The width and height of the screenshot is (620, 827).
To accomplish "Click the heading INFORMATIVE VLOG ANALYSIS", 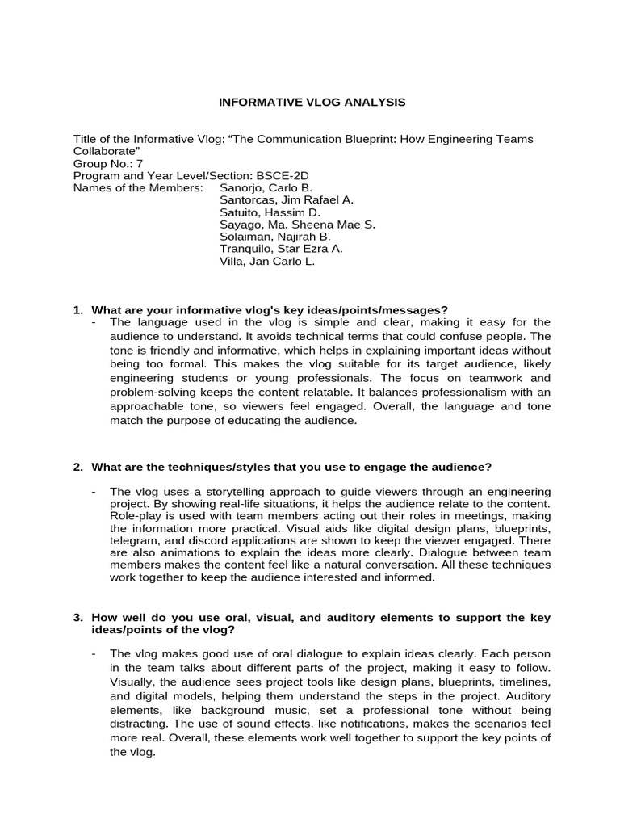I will (x=312, y=103).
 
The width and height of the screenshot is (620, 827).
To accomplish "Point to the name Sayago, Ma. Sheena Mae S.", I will (x=297, y=225).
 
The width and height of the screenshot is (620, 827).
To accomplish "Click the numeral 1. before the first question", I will (x=78, y=310).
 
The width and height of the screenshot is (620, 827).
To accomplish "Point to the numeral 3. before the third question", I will (x=78, y=618).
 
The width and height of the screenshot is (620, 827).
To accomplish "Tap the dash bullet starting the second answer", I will (x=94, y=491).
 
